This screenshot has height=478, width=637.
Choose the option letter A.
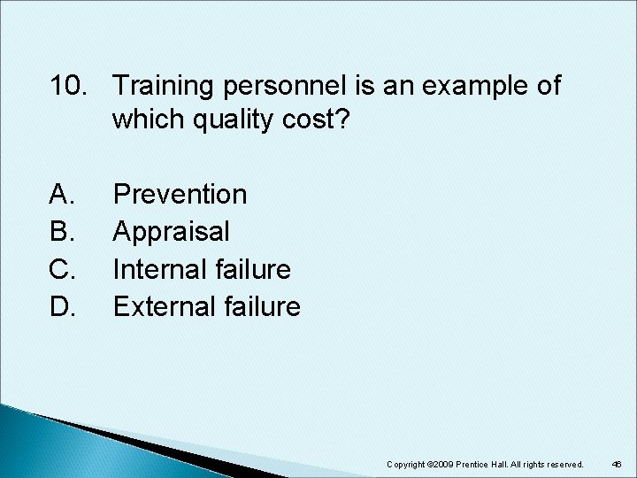[x=63, y=194]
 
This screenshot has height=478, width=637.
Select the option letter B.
[x=63, y=231]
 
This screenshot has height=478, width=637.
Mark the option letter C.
[x=63, y=269]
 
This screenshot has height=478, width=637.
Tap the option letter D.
[x=63, y=307]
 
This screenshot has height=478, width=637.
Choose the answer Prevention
[x=180, y=194]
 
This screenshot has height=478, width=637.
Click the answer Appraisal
[x=172, y=231]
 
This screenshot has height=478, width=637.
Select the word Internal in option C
[x=160, y=269]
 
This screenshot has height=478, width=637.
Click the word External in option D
[x=163, y=307]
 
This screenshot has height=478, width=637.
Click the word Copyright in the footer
[x=406, y=465]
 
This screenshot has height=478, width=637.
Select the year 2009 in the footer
[x=443, y=465]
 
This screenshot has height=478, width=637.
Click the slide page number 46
[x=616, y=465]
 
